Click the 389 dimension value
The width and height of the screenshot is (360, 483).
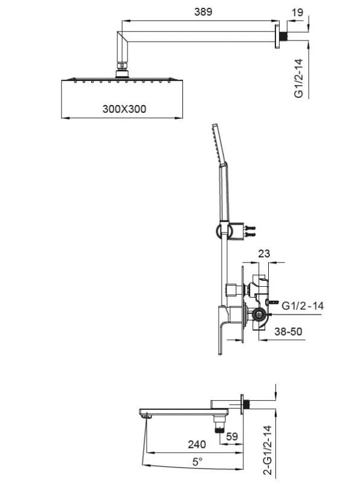(203, 11)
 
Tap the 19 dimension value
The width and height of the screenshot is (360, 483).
(297, 12)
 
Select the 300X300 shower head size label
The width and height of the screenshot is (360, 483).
(124, 109)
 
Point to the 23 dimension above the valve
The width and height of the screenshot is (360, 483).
(264, 254)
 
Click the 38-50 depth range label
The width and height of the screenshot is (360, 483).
(288, 331)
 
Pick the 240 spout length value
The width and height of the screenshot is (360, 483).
(197, 444)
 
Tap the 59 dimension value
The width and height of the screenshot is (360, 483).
(232, 436)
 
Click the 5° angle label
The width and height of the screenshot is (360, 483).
(198, 462)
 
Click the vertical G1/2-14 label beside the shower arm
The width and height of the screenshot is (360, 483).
(298, 78)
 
